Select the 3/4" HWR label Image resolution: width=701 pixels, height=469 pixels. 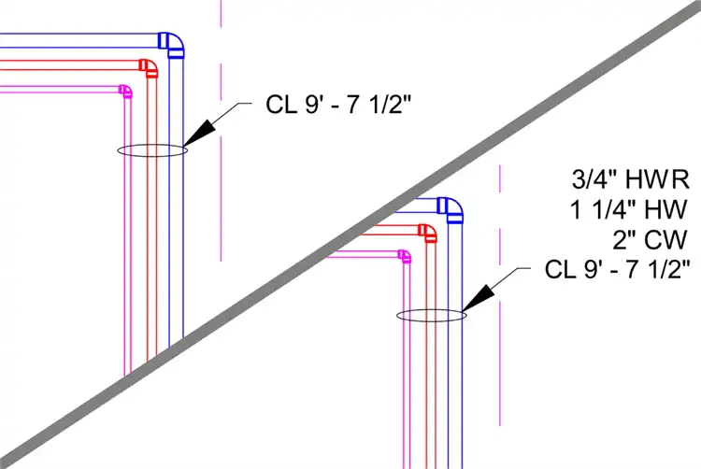pyautogui.click(x=630, y=178)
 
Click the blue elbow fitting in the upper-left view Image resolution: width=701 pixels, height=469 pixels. pyautogui.click(x=171, y=43)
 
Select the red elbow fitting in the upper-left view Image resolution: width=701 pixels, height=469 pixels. pyautogui.click(x=148, y=67)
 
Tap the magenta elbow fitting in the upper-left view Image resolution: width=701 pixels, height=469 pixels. pyautogui.click(x=124, y=91)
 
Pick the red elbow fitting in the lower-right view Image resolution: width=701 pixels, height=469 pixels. pyautogui.click(x=427, y=233)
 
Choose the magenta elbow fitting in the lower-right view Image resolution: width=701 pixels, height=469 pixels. pyautogui.click(x=404, y=255)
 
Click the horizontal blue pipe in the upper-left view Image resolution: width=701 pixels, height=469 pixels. pyautogui.click(x=75, y=39)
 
